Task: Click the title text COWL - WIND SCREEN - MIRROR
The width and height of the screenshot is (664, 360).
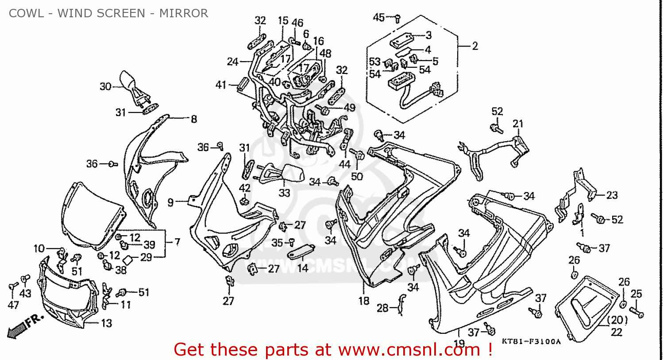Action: point(108,13)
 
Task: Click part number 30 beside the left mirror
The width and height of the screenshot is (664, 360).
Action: point(105,86)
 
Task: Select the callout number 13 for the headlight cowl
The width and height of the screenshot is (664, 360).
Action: point(107,324)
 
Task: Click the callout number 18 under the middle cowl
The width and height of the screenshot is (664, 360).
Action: point(364,301)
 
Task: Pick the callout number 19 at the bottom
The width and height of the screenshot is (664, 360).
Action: point(459,343)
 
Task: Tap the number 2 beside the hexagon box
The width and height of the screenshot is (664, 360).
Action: point(475,46)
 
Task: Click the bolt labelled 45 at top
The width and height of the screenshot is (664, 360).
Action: point(397,19)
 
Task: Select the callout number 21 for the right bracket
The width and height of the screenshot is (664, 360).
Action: point(518,124)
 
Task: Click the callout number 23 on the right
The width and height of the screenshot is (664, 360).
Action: point(612,195)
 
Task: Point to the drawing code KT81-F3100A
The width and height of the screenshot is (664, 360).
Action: point(531,341)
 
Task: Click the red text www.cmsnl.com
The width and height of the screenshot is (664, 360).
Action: point(409,350)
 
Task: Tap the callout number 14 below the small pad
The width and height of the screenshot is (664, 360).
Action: point(303,268)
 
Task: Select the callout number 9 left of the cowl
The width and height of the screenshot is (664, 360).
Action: point(170,203)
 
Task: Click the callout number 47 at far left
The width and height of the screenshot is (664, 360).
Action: point(13,305)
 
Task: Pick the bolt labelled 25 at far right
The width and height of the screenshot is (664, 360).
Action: point(637,313)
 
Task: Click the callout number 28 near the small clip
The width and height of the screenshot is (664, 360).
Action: point(382,308)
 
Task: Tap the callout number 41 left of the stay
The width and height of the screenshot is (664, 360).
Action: point(221,85)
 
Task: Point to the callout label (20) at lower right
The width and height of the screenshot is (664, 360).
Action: point(617,320)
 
